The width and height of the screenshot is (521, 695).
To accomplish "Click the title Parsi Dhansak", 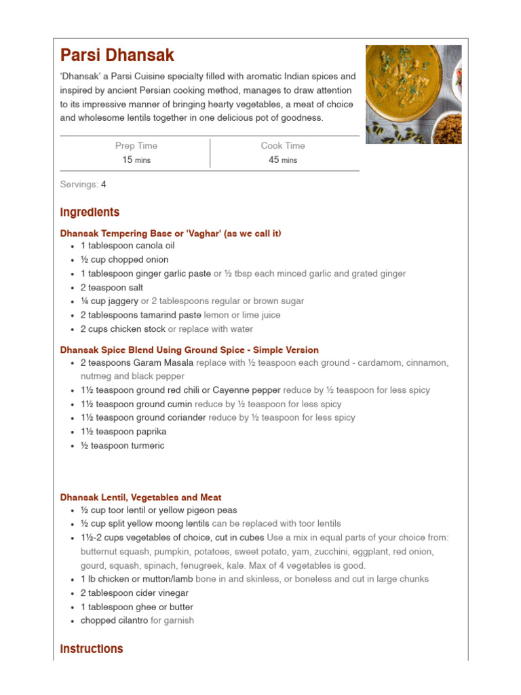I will tap(117, 56).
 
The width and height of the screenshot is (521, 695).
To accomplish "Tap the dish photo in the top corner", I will tap(413, 94).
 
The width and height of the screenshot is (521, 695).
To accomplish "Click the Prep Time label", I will tap(136, 146).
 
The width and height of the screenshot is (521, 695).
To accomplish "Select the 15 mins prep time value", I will tap(136, 160).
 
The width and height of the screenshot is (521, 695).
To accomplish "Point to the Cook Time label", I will tap(283, 146).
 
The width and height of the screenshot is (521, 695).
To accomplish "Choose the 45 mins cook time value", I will tap(283, 160).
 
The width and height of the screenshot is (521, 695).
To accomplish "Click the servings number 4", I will tap(104, 185).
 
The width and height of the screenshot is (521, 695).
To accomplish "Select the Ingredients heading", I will tap(90, 212).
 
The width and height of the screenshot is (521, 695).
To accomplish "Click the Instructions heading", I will tap(92, 649).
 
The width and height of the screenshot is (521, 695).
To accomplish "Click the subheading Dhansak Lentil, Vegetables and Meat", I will tap(140, 497).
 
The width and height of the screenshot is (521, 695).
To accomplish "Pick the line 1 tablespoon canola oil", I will tap(128, 246).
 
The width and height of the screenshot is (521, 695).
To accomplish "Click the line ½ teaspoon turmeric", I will tap(122, 446).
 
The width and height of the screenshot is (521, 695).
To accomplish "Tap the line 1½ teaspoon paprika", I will tap(123, 432).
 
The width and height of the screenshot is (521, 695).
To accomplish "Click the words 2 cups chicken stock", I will tap(123, 329).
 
